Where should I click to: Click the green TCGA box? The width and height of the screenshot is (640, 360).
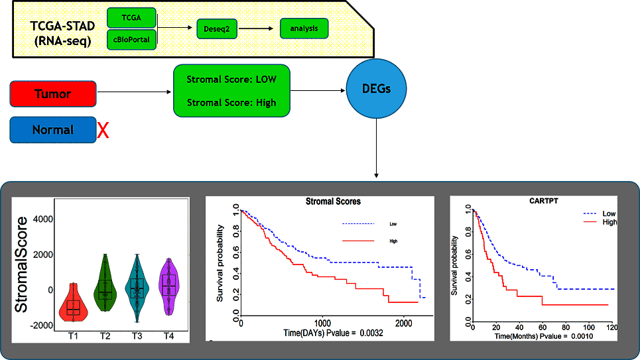[x=131, y=16]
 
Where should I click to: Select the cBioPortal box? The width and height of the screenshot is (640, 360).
[x=131, y=38]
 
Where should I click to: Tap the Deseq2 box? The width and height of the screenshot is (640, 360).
[x=216, y=29]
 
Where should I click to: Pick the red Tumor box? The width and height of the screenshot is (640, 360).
[x=53, y=94]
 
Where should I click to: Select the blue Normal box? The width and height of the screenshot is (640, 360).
[x=53, y=130]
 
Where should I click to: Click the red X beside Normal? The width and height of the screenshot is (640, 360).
[x=103, y=131]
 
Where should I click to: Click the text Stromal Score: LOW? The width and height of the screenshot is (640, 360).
[x=231, y=80]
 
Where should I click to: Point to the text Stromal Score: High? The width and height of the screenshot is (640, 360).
[x=231, y=103]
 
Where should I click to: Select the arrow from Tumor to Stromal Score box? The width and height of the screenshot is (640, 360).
[x=133, y=91]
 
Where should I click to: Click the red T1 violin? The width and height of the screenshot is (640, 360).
[x=73, y=302]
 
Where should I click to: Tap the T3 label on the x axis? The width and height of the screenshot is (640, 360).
[x=137, y=335]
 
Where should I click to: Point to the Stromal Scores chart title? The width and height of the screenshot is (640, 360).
[x=333, y=201]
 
